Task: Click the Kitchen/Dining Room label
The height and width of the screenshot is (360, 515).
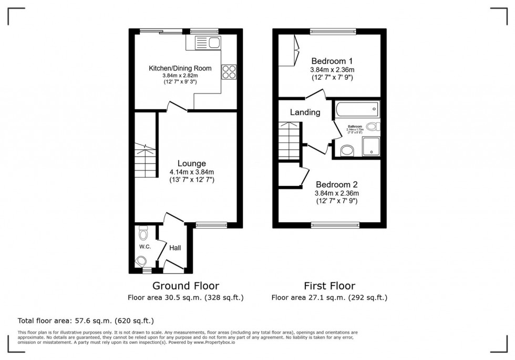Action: pyautogui.click(x=180, y=68)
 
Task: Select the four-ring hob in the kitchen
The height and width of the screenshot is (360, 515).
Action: pyautogui.click(x=229, y=71)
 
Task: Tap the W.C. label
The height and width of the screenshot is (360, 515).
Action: pyautogui.click(x=145, y=246)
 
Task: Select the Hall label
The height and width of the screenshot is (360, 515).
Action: pyautogui.click(x=174, y=247)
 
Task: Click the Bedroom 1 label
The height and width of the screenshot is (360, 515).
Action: pyautogui.click(x=331, y=60)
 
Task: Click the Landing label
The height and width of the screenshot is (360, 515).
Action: pyautogui.click(x=305, y=112)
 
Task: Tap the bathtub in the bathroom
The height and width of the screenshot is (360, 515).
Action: pyautogui.click(x=356, y=110)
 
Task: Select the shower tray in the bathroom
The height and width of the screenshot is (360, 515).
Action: pyautogui.click(x=370, y=148)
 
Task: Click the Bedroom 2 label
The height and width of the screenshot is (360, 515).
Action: pyautogui.click(x=336, y=184)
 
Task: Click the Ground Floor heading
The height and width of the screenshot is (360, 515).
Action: pyautogui.click(x=186, y=286)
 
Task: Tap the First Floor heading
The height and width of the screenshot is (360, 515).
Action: pyautogui.click(x=329, y=286)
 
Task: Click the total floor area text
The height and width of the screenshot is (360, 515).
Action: pyautogui.click(x=86, y=320)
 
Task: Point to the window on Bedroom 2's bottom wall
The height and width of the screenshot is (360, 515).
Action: pyautogui.click(x=335, y=225)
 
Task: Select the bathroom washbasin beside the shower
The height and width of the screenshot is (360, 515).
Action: pyautogui.click(x=347, y=151)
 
